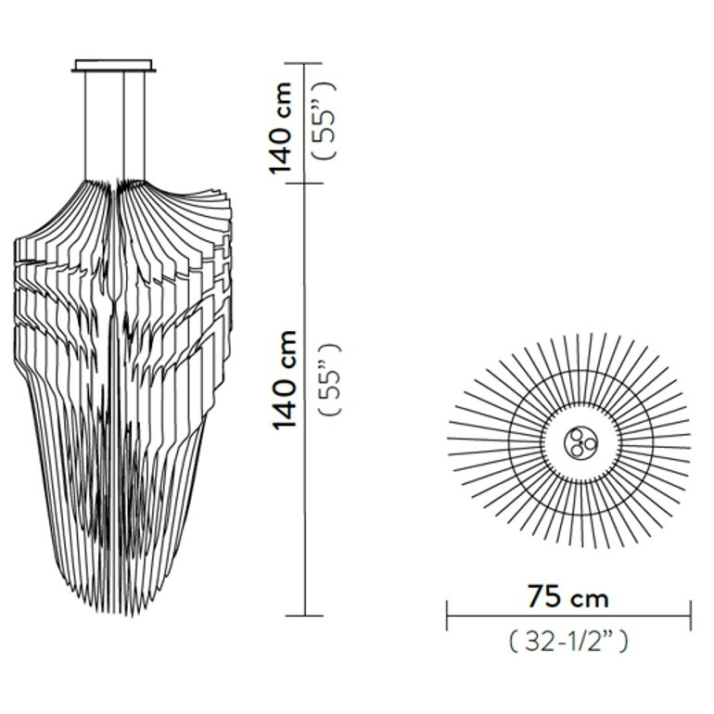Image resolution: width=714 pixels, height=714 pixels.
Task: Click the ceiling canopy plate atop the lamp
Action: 113,66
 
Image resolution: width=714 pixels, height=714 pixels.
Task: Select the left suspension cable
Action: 85,126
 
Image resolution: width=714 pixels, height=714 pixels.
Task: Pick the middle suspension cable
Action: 124,126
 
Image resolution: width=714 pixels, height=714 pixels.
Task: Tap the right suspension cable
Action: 145,126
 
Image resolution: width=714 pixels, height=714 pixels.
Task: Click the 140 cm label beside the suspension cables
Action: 280,128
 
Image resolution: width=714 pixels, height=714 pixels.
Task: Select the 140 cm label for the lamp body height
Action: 284,380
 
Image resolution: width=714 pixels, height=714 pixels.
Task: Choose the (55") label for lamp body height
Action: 329,379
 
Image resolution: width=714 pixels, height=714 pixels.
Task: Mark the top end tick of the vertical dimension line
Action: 304,63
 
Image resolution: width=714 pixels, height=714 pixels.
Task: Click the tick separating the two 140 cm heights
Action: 304,184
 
